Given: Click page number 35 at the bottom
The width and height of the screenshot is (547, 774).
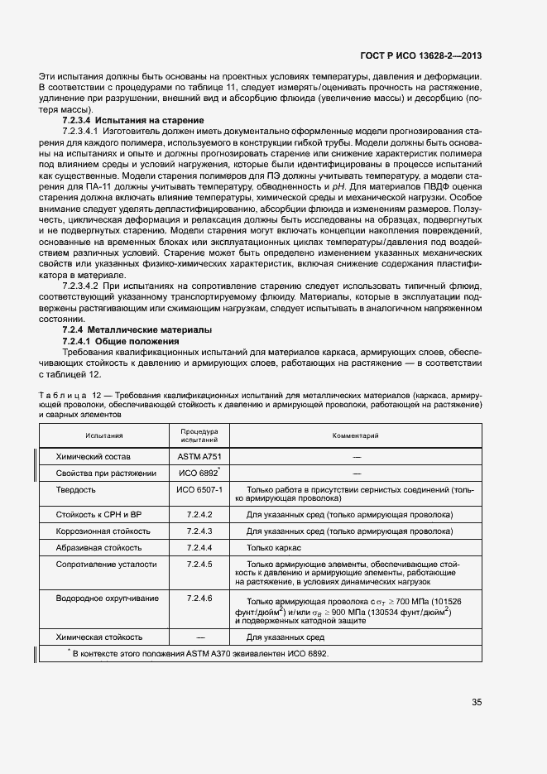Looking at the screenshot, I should click(x=477, y=703).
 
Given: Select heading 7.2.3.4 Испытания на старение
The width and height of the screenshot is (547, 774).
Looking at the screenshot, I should click(x=132, y=121).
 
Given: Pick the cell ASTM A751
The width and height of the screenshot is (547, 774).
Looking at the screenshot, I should click(x=199, y=456).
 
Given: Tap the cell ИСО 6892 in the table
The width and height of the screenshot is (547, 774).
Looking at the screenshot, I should click(x=198, y=474).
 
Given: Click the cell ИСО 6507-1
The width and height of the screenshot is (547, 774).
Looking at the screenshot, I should click(x=199, y=490).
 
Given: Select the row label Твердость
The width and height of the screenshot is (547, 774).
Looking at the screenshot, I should click(x=75, y=490).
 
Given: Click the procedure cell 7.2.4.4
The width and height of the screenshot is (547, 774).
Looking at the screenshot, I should click(x=199, y=547).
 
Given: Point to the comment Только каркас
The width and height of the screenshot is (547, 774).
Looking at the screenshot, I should click(x=274, y=547).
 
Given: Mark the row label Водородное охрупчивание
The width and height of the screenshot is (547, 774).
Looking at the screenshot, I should click(x=98, y=598).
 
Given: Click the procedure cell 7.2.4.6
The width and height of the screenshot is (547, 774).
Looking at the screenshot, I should click(x=199, y=598).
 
